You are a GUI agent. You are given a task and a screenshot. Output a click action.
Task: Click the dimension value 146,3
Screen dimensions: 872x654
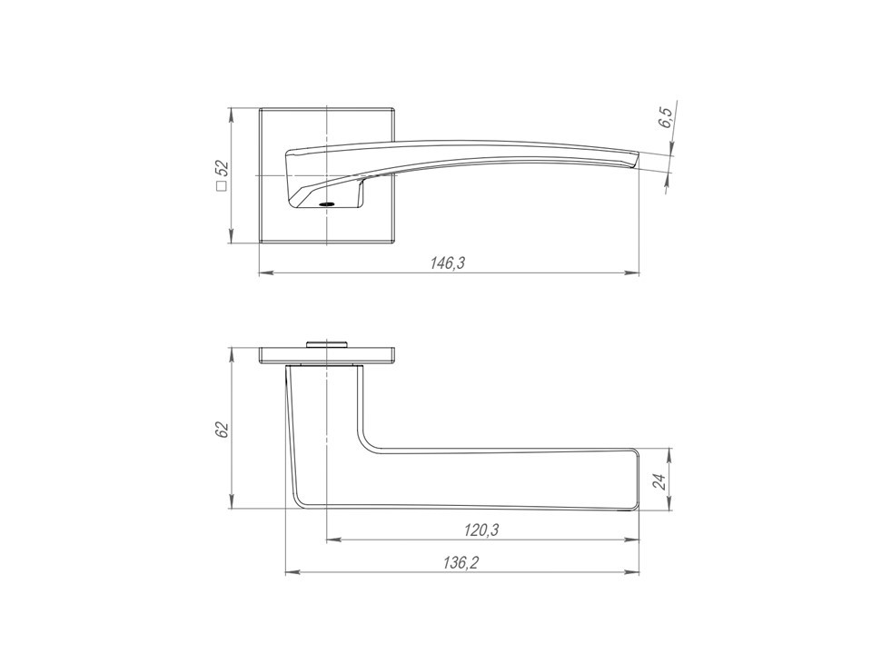point(447,263)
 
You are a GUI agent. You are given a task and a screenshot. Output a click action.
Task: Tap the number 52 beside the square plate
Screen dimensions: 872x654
point(222,169)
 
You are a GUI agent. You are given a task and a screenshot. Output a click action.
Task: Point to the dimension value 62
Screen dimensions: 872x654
point(222,430)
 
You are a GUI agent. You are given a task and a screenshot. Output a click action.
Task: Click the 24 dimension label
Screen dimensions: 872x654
point(659,481)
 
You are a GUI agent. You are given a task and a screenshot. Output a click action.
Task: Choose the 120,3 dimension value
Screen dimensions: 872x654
point(481,530)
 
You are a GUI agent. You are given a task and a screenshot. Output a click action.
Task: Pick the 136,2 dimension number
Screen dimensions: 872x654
point(461,563)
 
